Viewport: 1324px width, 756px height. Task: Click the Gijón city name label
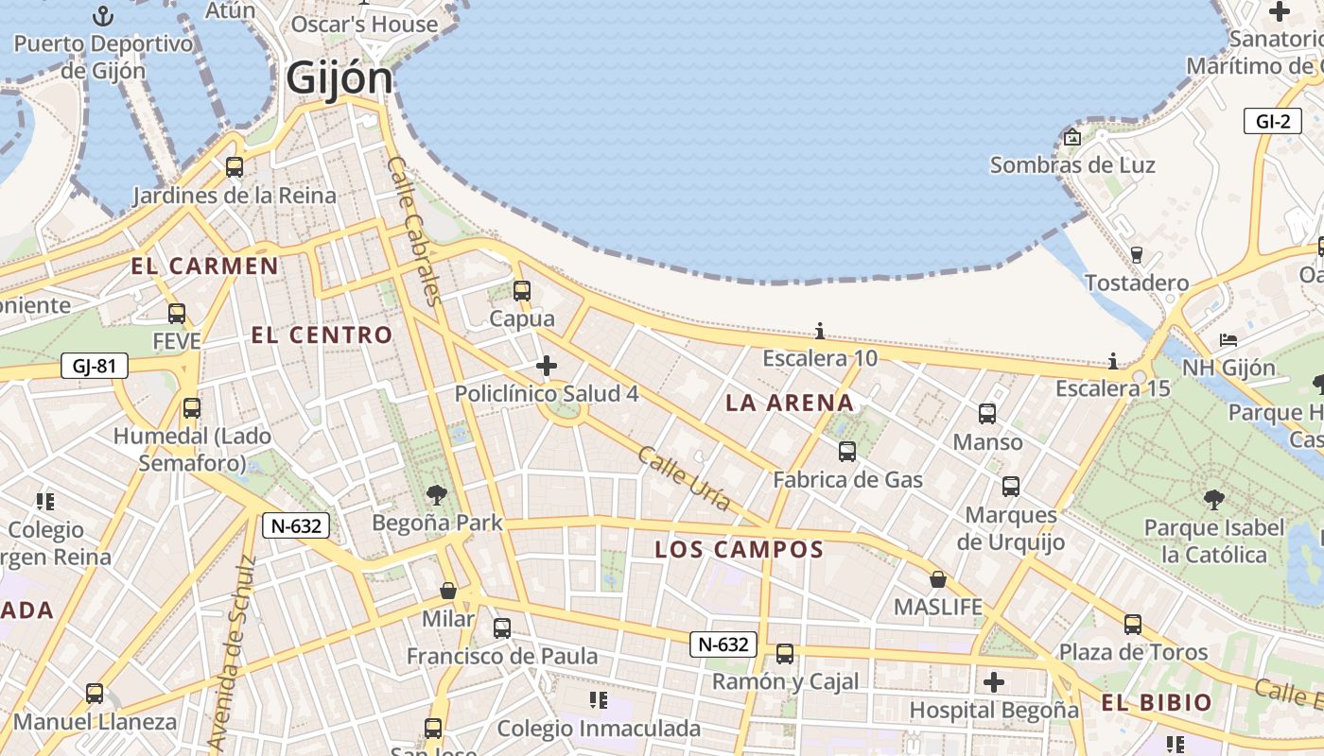coord(340,77)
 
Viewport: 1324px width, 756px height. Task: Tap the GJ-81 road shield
coord(95,366)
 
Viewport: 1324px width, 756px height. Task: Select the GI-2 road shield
coord(1273,121)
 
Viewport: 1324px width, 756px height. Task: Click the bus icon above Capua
coord(522,291)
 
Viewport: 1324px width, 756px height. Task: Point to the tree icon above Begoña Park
coord(437,494)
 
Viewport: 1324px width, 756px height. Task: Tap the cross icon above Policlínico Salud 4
coord(547,366)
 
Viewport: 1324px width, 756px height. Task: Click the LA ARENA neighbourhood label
coord(790,404)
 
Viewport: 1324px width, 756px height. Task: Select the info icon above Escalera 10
coord(820,331)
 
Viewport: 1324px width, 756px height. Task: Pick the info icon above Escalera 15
coord(1113,361)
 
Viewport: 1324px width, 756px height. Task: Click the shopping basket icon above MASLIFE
coord(938,579)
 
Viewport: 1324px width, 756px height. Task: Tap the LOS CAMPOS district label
coord(740,549)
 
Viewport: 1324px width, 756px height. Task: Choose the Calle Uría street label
coord(684,478)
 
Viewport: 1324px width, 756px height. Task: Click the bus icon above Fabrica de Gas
coord(847,452)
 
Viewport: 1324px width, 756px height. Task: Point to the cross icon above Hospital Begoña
coord(994,681)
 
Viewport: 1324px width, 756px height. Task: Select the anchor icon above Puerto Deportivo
coord(103,16)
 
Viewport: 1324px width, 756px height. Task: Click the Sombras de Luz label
coord(1072,165)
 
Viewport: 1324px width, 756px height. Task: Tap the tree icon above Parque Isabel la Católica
coord(1214,500)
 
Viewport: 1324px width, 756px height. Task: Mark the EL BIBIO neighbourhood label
coord(1156,702)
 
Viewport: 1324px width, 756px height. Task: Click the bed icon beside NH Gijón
coord(1228,339)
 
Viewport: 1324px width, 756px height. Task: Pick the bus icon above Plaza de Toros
coord(1133,625)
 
